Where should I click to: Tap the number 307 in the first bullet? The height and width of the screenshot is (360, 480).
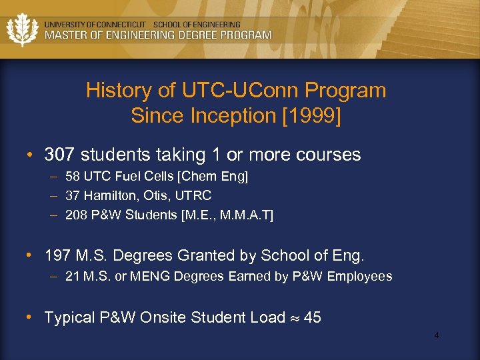(x=58, y=155)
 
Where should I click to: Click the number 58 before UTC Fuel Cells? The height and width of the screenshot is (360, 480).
(x=73, y=177)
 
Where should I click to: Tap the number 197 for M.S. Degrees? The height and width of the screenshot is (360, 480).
(x=58, y=256)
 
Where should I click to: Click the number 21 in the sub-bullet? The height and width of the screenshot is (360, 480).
(x=72, y=276)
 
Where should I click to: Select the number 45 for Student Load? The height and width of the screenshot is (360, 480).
(x=312, y=317)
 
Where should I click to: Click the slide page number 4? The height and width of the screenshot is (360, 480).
(x=437, y=335)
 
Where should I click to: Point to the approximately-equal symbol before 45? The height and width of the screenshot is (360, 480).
(x=294, y=318)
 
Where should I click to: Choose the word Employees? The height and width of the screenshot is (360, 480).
(x=361, y=276)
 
